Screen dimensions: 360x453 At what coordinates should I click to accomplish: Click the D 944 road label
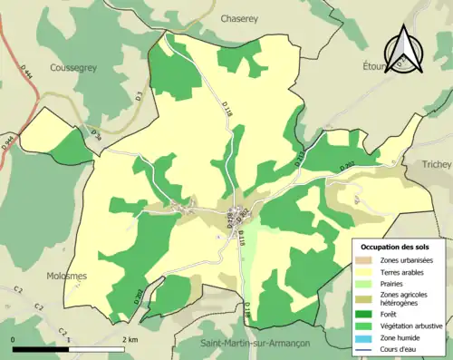(8, 142)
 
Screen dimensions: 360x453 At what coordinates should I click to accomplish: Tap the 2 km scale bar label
(131, 339)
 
